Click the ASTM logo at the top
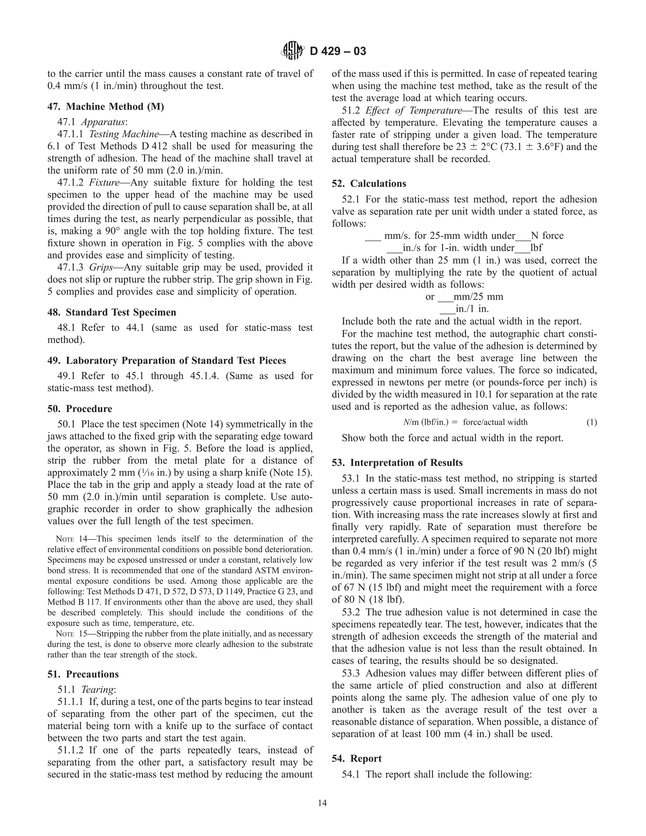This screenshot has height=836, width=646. click(293, 51)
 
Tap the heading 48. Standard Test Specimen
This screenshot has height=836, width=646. click(112, 312)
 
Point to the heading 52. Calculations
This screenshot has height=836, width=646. click(369, 183)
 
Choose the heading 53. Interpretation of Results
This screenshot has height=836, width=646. click(397, 462)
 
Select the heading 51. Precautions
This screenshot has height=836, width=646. click(83, 674)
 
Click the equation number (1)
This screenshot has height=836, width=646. click(591, 422)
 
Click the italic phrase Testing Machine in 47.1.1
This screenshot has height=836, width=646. click(124, 134)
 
